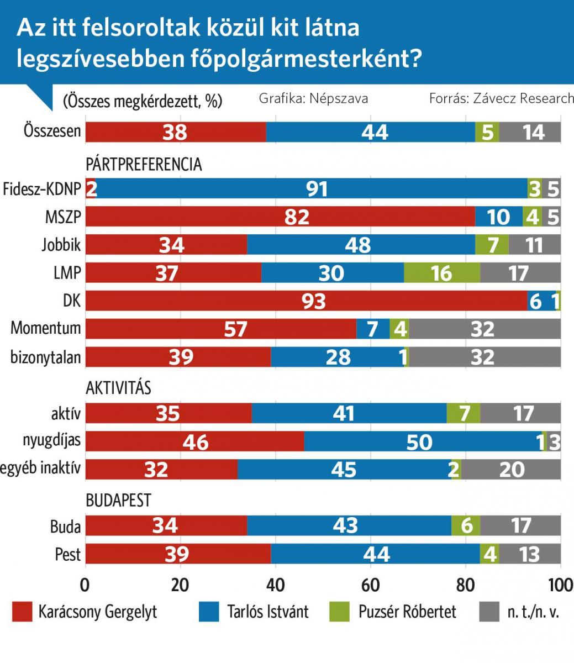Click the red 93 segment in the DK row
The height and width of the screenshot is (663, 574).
coord(306,301)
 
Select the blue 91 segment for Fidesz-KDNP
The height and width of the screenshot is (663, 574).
coord(312,189)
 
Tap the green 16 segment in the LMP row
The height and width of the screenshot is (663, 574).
coord(441,272)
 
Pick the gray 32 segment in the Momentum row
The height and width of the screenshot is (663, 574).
coord(485,329)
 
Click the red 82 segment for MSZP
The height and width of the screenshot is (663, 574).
coord(280,217)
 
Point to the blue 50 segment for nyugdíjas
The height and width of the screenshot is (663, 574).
coord(423,441)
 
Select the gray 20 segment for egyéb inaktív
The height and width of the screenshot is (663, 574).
coord(512,469)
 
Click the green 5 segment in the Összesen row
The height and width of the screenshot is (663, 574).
coord(487,131)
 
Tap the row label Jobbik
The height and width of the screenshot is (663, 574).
coord(61,244)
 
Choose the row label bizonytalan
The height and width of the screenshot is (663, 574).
coord(45,357)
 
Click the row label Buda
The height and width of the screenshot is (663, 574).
coord(65,527)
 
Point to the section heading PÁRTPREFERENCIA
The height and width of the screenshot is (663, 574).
coord(144,164)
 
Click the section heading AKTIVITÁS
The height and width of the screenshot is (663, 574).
coord(118,388)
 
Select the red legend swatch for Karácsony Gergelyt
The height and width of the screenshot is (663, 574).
coord(22,612)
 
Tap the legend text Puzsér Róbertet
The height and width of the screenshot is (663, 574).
coord(407,612)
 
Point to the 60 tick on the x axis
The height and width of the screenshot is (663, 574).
coord(370,585)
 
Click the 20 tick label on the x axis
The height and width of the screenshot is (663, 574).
coord(180,585)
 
